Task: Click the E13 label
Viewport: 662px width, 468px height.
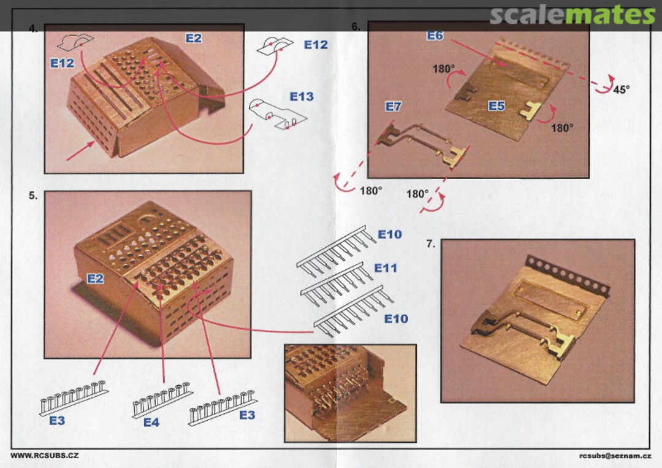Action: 302,97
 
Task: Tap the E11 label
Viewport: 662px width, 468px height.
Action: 386,268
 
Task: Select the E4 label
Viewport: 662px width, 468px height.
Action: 151,423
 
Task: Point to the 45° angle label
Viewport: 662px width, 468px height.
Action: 621,90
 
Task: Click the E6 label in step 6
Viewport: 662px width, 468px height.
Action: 435,36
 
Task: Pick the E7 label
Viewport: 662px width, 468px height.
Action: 393,107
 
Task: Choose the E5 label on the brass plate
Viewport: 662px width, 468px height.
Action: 496,105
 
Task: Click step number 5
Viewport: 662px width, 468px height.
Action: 33,196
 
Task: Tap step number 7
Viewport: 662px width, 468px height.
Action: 430,244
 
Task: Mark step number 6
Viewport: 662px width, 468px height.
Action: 356,26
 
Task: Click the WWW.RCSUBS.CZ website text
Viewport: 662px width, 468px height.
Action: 44,456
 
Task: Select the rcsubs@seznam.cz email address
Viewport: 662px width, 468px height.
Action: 615,456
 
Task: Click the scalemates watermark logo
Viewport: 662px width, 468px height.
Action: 573,15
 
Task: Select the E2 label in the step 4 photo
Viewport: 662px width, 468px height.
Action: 193,39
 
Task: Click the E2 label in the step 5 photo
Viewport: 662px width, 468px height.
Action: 95,278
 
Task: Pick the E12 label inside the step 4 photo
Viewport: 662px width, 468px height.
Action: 62,63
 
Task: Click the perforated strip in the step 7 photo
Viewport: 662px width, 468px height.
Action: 568,275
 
